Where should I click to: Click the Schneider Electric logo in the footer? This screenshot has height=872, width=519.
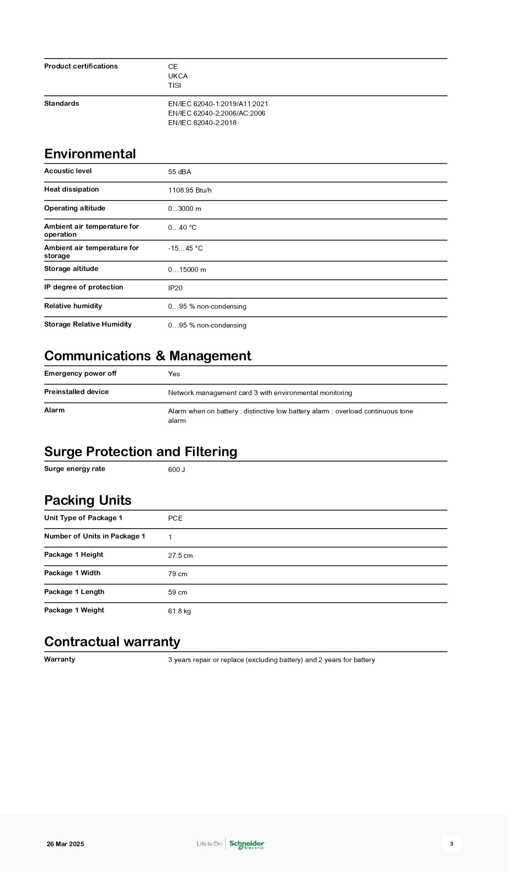tap(247, 844)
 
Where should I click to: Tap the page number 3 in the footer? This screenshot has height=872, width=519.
tap(452, 844)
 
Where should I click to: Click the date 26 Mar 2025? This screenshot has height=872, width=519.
tap(65, 844)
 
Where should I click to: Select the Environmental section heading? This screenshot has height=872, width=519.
tap(90, 154)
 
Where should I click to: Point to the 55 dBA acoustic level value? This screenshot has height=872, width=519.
tap(180, 172)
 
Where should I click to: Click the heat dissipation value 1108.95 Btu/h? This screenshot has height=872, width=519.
tap(190, 191)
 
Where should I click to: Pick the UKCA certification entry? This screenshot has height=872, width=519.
tap(178, 76)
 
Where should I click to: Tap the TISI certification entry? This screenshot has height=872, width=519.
tap(175, 85)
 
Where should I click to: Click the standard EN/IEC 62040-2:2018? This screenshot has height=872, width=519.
tap(202, 123)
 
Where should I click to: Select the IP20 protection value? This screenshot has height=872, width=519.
tap(175, 288)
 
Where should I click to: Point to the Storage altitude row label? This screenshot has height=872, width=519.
tap(71, 269)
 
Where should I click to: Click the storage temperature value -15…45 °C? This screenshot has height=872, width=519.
tap(185, 248)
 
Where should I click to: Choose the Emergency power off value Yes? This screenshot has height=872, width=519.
tap(174, 374)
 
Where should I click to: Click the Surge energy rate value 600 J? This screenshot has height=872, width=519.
tap(177, 470)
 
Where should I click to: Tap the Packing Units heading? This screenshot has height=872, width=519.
tap(88, 500)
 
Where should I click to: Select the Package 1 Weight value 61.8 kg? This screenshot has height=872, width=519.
tap(179, 611)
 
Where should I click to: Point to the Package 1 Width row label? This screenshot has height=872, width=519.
tap(72, 573)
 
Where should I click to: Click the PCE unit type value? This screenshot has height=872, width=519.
tap(175, 518)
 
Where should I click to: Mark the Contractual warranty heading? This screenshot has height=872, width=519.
tap(112, 642)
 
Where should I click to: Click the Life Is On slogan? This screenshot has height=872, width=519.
tap(209, 844)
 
